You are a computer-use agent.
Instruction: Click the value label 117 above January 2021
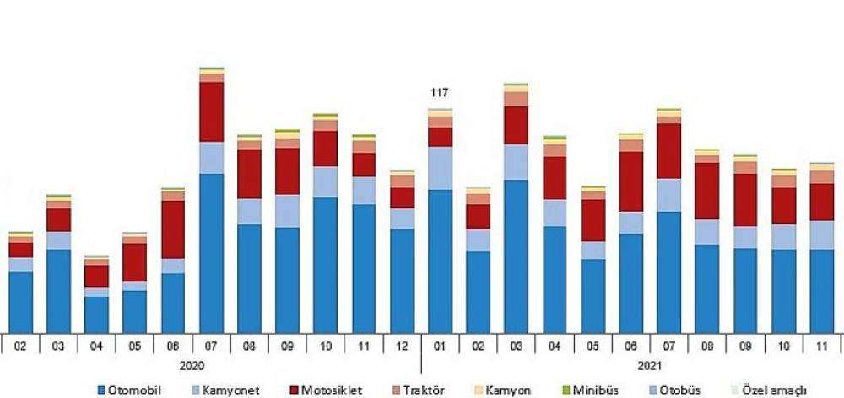tap(439, 93)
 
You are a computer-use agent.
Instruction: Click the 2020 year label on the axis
tap(192, 365)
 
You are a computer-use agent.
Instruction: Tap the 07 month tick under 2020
tap(211, 345)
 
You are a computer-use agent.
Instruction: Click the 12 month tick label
tap(402, 345)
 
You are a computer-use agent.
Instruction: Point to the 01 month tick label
tap(440, 345)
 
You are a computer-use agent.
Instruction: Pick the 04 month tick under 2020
tap(96, 345)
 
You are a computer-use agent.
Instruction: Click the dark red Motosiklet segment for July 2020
tap(211, 112)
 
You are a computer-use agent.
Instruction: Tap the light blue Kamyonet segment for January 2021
tap(440, 168)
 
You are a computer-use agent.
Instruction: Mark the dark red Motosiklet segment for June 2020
tap(173, 229)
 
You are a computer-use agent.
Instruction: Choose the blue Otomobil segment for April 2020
tap(96, 313)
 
